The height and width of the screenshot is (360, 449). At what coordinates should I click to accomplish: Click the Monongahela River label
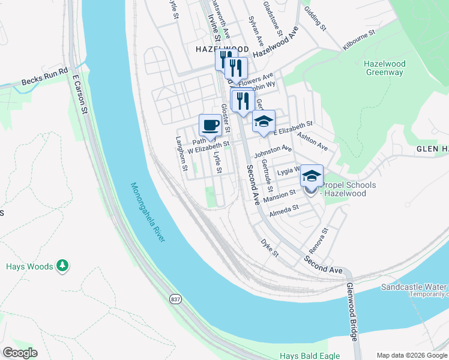(147, 212)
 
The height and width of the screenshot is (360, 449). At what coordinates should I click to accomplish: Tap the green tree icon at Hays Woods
(62, 265)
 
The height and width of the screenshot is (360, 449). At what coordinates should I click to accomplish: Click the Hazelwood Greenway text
(384, 68)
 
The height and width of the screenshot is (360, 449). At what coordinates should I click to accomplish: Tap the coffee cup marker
(210, 125)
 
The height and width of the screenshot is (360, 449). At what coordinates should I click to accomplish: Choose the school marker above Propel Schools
(312, 176)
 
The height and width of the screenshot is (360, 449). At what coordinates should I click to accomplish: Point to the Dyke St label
(270, 248)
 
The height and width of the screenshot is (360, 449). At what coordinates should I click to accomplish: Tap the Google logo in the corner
(20, 353)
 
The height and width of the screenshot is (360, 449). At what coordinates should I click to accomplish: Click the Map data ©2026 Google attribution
(412, 355)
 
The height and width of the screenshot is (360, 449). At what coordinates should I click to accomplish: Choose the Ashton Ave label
(313, 142)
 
